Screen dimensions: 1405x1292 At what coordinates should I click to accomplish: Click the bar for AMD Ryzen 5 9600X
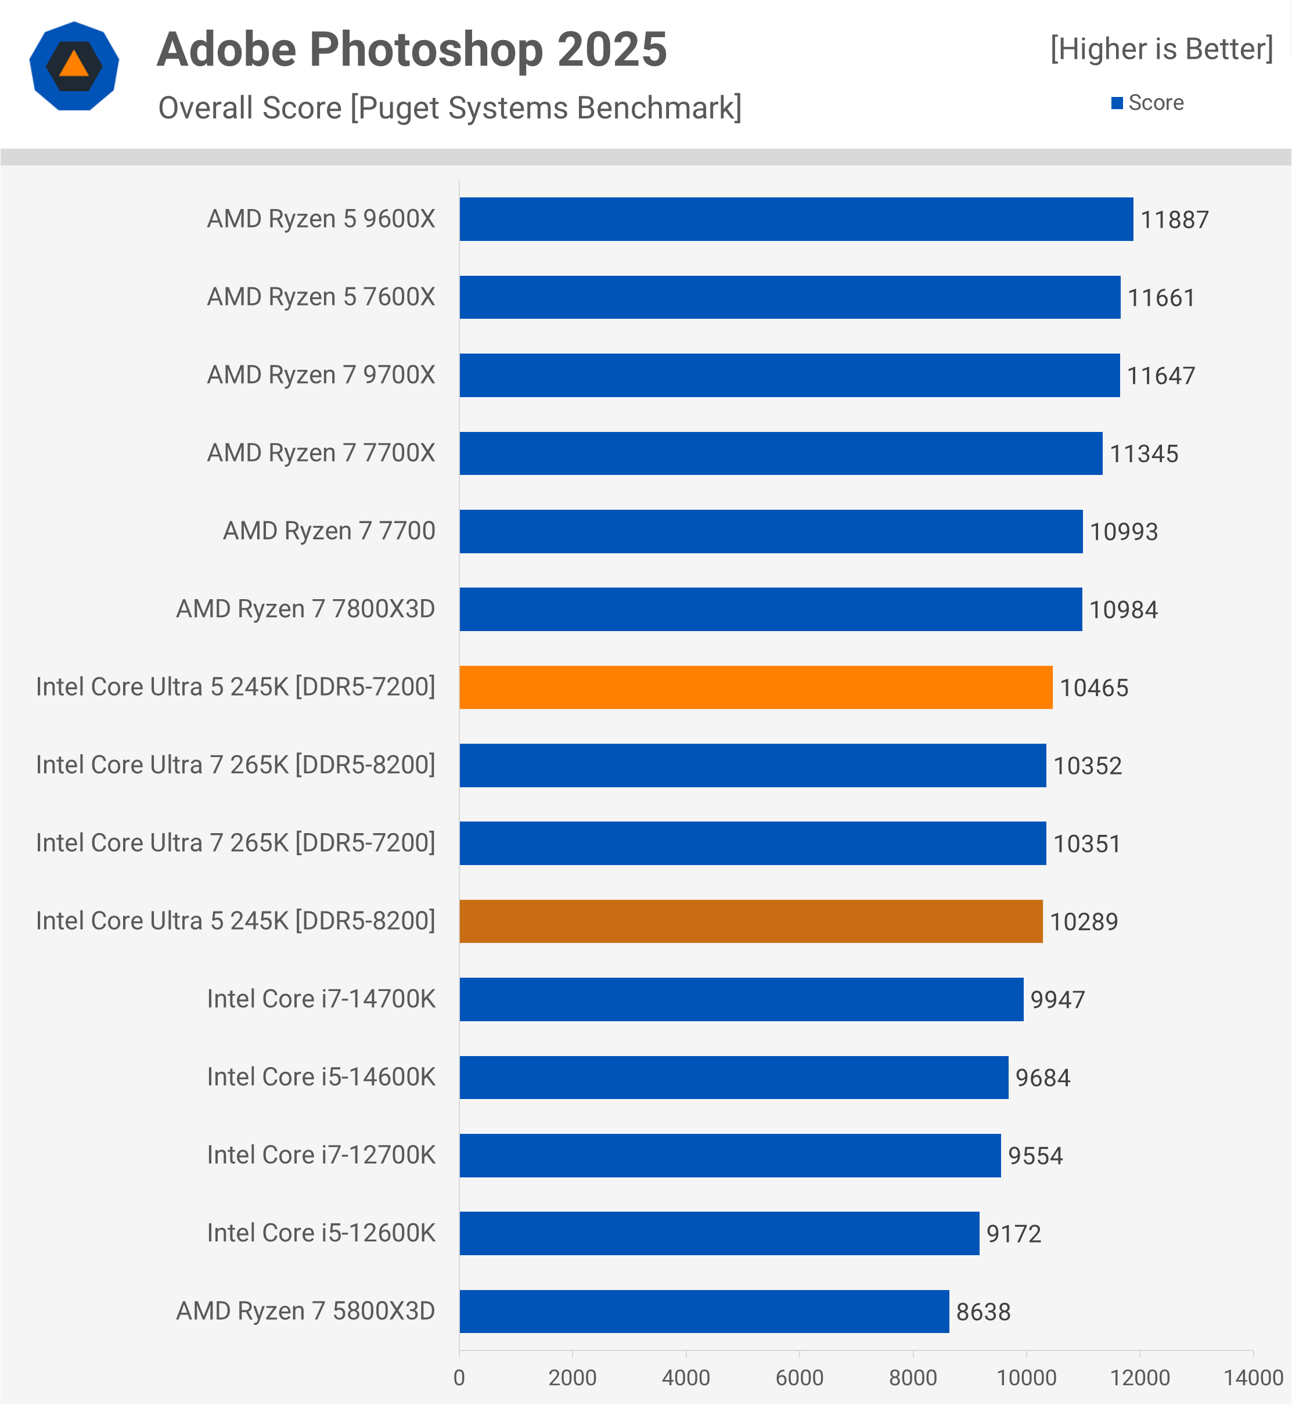tap(796, 219)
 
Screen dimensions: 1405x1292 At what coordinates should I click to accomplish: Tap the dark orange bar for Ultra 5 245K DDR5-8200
tap(750, 921)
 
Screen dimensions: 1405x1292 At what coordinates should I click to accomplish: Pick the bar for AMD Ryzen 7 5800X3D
tap(703, 1312)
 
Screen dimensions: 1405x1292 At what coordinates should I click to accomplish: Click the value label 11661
tap(1161, 298)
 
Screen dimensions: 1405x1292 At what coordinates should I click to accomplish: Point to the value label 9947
tap(1057, 1000)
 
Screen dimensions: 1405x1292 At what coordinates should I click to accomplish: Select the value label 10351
tap(1086, 844)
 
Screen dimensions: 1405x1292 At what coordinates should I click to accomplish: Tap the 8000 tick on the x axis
tap(912, 1378)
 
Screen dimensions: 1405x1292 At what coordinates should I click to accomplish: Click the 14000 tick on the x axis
tap(1253, 1378)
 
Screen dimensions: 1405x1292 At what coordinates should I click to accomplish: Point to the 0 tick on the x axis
tap(459, 1378)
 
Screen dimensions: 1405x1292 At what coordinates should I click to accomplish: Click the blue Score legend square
tap(1117, 103)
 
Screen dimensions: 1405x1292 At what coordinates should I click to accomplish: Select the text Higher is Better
tap(1161, 49)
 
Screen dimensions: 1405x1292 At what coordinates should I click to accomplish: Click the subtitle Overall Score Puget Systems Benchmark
tap(449, 109)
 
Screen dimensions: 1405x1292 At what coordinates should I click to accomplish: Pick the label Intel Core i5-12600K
tap(321, 1233)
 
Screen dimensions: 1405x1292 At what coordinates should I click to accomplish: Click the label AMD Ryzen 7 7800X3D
tap(305, 609)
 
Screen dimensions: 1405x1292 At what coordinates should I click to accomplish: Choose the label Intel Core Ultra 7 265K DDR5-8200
tap(236, 765)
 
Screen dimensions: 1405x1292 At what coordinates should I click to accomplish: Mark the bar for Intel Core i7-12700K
tap(729, 1155)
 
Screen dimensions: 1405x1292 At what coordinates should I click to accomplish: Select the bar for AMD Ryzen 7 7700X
tap(780, 453)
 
